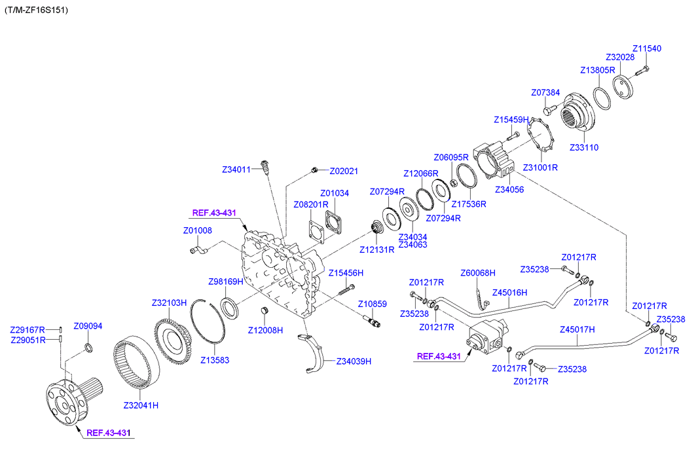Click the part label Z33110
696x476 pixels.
click(x=583, y=147)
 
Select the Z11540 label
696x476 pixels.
click(x=646, y=48)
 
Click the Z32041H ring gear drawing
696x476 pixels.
click(x=137, y=367)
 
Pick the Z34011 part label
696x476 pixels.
click(x=236, y=170)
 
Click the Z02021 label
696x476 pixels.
click(x=344, y=171)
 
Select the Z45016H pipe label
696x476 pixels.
click(x=510, y=293)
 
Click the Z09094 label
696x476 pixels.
click(x=88, y=325)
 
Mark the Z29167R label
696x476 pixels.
click(x=27, y=329)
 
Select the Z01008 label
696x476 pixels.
click(x=197, y=230)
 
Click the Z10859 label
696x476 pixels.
click(x=372, y=304)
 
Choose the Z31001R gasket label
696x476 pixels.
click(x=541, y=167)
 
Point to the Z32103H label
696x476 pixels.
click(x=170, y=303)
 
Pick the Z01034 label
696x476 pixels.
click(x=335, y=193)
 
